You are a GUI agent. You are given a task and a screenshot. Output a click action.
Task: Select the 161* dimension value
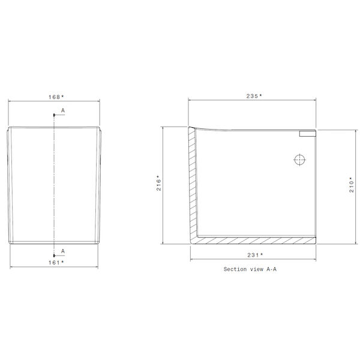[55, 262]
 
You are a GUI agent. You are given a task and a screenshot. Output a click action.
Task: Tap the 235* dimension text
[253, 96]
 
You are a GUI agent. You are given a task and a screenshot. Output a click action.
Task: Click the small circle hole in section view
[299, 160]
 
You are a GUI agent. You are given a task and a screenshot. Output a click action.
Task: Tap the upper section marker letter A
[62, 112]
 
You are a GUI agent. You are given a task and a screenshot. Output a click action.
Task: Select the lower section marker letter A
[62, 251]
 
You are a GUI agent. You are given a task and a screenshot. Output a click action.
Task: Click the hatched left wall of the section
[191, 180]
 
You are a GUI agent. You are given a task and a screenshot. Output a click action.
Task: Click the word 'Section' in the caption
[235, 269]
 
